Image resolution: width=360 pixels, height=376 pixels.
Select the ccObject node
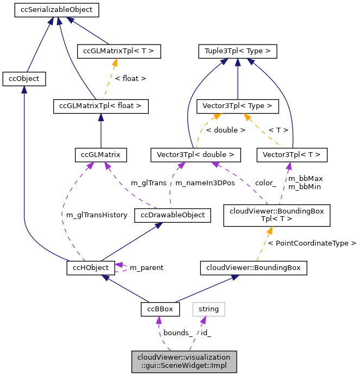24,79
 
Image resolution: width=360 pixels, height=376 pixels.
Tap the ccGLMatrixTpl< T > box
119,52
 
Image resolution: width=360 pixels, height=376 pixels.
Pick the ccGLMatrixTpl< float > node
101,106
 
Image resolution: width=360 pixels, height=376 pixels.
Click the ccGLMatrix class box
100,155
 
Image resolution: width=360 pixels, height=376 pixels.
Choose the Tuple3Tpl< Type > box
237,52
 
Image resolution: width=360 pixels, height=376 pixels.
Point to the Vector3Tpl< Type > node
237,106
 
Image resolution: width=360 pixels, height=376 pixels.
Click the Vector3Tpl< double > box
195,155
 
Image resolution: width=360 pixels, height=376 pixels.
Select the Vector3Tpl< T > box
292,155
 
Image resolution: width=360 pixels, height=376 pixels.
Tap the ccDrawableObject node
172,215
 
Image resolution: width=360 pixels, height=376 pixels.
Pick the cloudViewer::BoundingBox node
254,267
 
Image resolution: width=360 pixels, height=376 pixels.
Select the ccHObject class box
91,267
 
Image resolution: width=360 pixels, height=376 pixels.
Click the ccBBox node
160,309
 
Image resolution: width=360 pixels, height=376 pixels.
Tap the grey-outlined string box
209,309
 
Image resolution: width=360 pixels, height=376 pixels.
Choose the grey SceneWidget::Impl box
184,361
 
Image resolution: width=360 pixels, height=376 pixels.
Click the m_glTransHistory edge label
97,215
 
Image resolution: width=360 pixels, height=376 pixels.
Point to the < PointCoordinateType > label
312,243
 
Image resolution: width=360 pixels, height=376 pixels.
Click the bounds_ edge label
178,333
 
